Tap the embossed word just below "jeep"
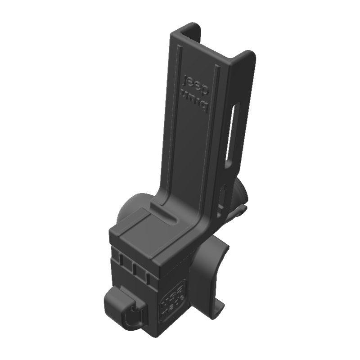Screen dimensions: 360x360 [197, 100]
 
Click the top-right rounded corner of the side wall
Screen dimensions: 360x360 [249, 55]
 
